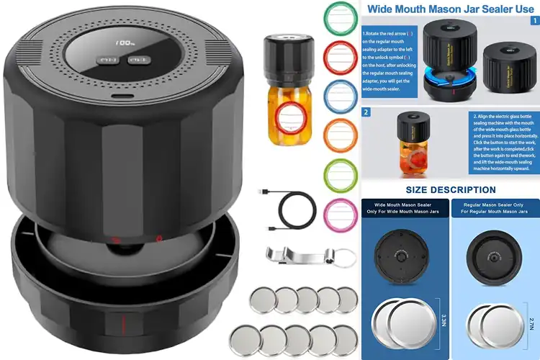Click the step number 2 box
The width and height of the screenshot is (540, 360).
pos(366,112)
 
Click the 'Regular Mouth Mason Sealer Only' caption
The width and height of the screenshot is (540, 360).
pos(494,208)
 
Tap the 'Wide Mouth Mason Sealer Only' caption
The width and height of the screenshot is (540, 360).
pos(405,208)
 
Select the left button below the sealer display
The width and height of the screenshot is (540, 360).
pos(110,60)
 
